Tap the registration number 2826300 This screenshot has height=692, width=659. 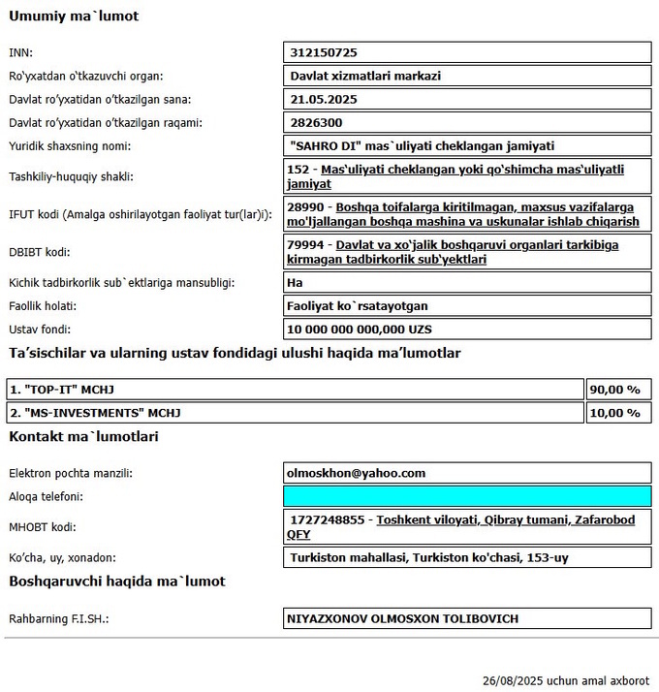click(x=316, y=123)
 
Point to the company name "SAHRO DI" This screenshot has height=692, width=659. click(x=329, y=146)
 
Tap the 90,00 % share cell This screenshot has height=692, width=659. click(x=615, y=389)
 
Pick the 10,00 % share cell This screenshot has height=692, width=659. click(x=615, y=413)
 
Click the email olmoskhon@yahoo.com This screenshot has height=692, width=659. click(x=356, y=473)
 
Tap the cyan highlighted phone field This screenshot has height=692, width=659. click(x=465, y=496)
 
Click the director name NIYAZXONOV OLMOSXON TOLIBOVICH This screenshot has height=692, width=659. click(x=402, y=618)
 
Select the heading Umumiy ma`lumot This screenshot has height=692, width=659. click(x=74, y=16)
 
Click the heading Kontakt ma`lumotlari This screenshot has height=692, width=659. click(x=83, y=437)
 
